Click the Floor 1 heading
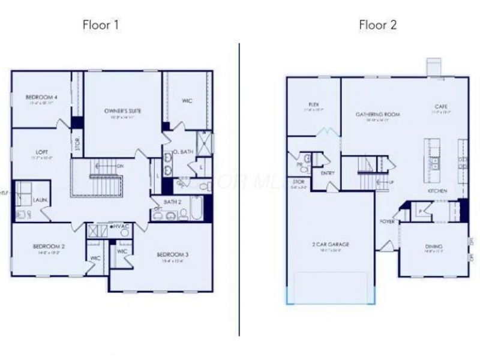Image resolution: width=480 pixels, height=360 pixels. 101,25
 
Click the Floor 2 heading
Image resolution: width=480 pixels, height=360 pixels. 377,25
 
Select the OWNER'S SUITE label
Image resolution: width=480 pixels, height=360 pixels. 122,111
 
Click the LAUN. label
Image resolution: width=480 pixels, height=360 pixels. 41,199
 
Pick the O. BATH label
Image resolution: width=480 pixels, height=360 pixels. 183,152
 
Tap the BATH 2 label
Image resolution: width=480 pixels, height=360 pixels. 175,202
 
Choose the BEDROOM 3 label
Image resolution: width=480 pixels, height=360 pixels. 172,255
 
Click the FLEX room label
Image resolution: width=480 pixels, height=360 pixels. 313,104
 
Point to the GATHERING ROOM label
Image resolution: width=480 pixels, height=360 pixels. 377,114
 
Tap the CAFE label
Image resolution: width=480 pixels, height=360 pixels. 442,107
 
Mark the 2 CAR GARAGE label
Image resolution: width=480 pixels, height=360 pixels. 331,244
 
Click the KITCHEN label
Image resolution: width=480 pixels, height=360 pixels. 437,191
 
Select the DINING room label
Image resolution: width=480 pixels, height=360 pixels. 433,247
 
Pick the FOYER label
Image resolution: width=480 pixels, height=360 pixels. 387,220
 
